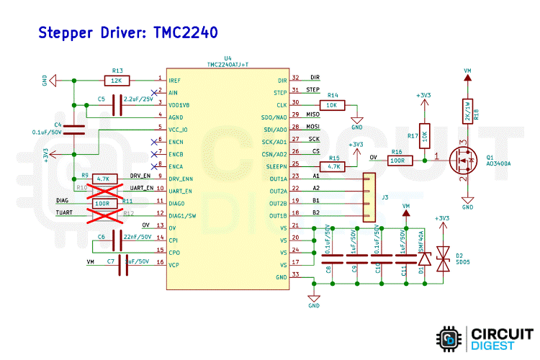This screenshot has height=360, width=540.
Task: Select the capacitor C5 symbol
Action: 114,106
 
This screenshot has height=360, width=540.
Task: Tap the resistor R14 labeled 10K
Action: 332,104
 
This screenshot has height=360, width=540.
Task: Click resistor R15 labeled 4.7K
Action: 334,166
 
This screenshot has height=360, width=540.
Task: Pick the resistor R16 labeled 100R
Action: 397,160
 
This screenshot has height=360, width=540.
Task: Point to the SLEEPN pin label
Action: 278,166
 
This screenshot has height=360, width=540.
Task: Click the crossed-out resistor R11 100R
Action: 103,204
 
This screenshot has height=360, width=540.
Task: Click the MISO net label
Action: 312,114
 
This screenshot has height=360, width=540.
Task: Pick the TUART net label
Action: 64,214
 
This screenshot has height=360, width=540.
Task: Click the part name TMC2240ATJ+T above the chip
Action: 228,64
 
